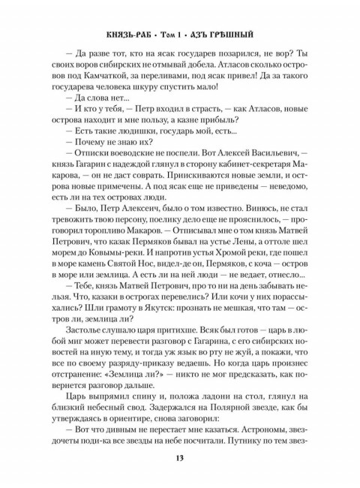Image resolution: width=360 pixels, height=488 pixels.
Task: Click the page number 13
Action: coord(180,461)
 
